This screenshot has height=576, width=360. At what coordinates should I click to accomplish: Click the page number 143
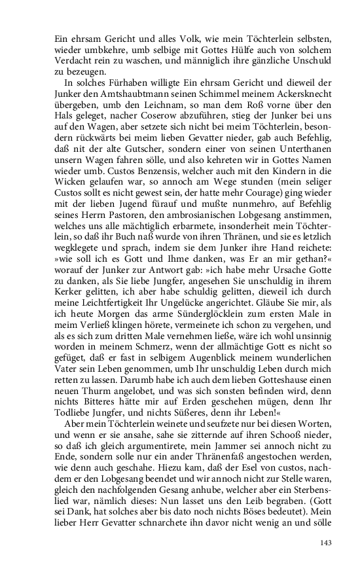click(327, 543)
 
